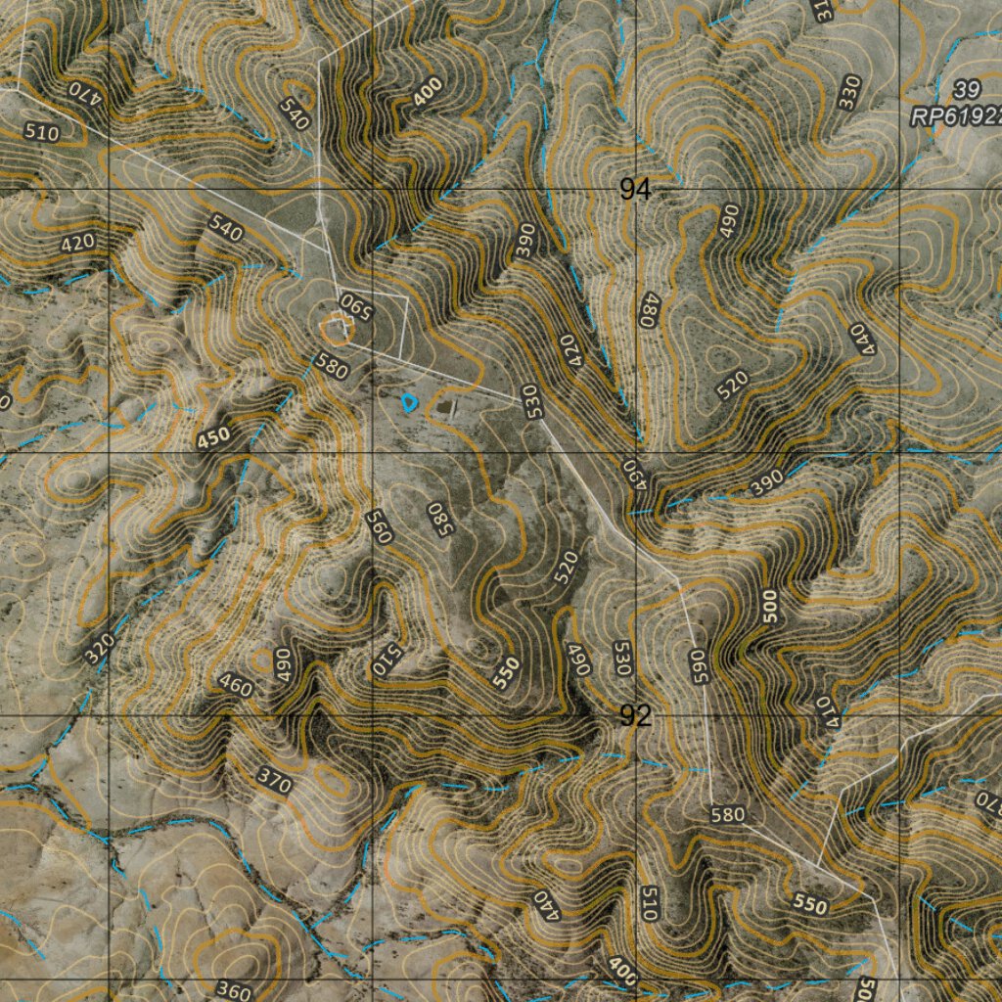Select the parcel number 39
coord(967,90)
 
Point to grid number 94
coord(635,189)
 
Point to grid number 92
coord(635,716)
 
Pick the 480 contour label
coord(647,310)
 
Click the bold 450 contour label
coord(214,439)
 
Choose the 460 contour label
coord(235,686)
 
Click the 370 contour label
coord(275,779)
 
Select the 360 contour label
coord(233,989)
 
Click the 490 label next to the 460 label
coord(283,664)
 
